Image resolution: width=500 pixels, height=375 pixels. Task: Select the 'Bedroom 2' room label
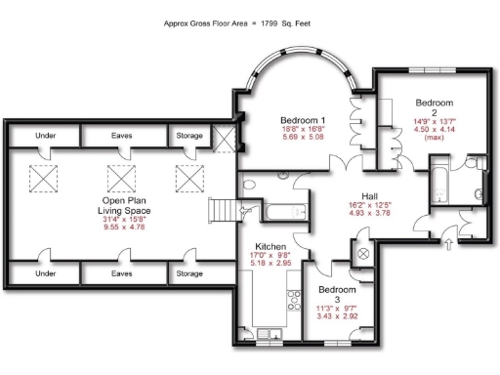435,103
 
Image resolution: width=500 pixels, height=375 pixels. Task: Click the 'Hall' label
370,195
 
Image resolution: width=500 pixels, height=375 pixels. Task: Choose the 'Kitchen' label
271,246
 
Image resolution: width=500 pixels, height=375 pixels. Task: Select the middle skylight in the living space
122,178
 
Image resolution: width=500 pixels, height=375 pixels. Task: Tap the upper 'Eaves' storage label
121,136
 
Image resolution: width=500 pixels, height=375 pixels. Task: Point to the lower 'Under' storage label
45,274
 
